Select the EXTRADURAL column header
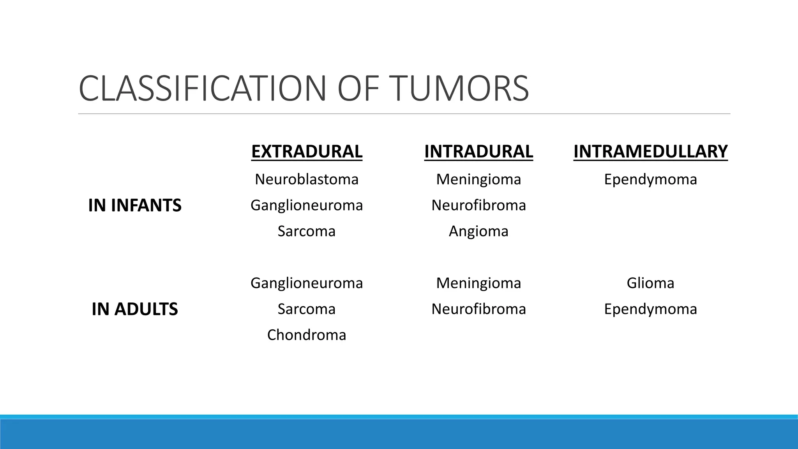point(307,151)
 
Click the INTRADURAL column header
point(478,151)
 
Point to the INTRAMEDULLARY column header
point(650,151)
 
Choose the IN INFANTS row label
point(135,205)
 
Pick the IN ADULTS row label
point(135,309)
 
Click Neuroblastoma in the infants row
point(307,179)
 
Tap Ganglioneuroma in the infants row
point(307,205)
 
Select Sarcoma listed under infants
point(307,231)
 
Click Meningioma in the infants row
point(478,179)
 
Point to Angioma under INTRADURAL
point(478,231)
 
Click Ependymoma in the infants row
point(650,179)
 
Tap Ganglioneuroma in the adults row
point(307,283)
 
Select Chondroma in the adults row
point(307,335)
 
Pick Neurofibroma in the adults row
point(478,309)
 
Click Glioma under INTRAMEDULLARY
point(650,283)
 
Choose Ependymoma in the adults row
point(650,309)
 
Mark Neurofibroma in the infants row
point(478,205)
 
